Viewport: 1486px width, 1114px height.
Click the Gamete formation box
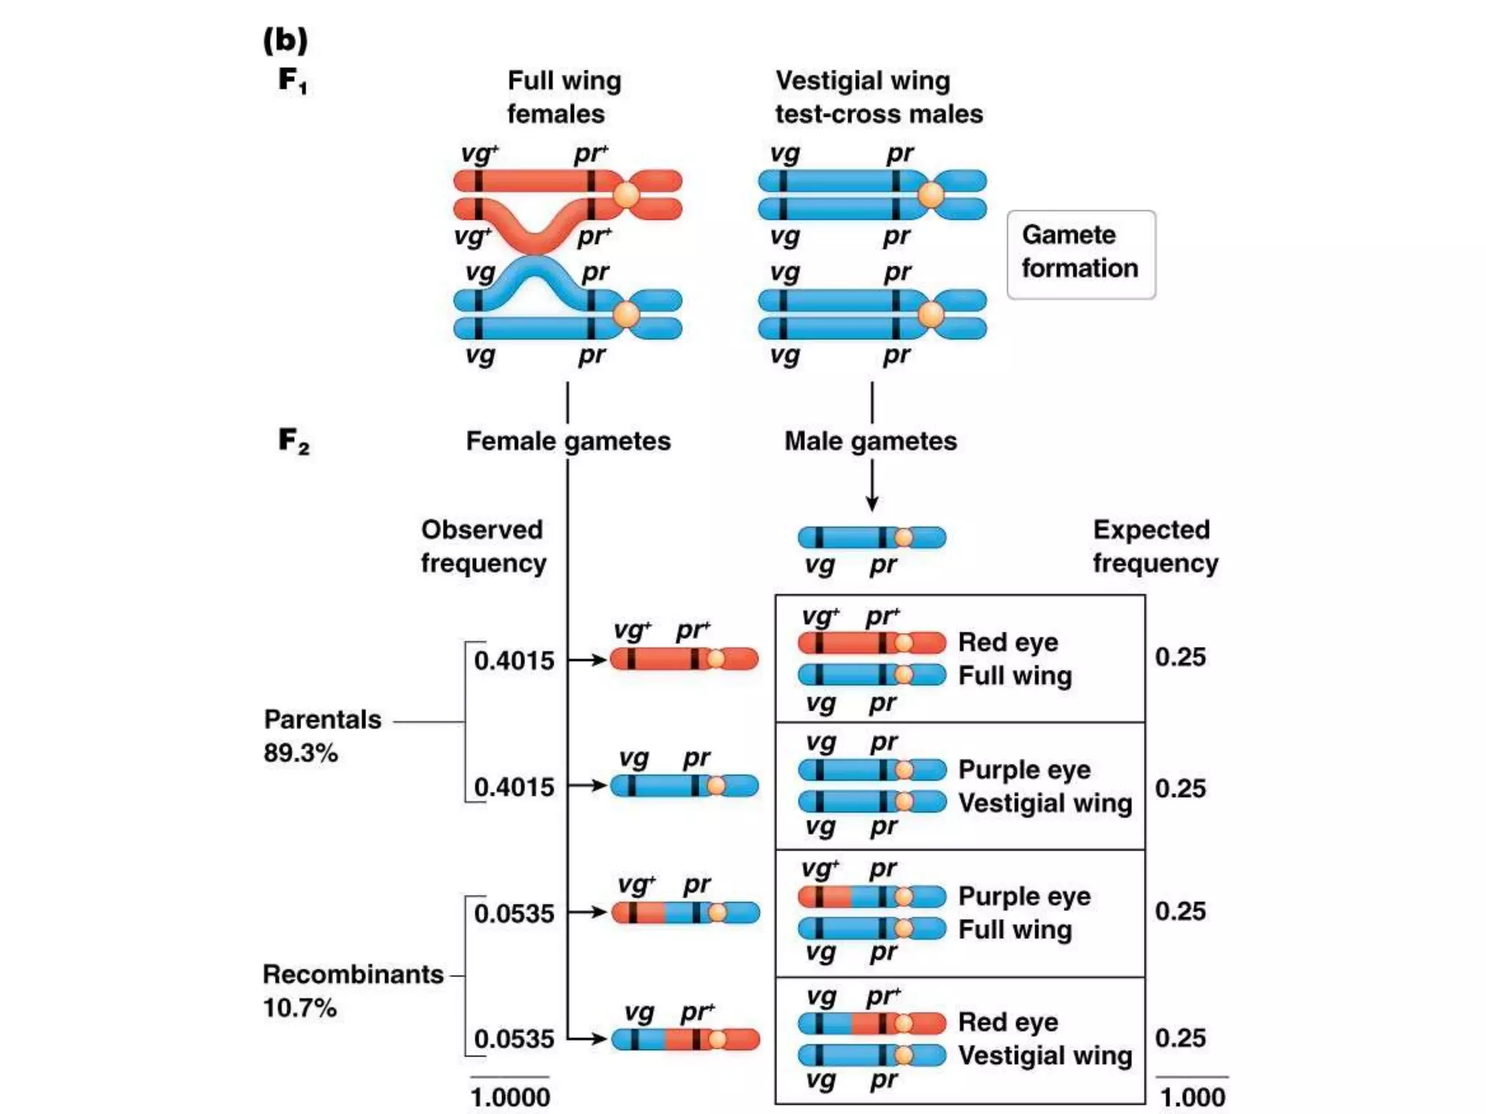[x=1080, y=254]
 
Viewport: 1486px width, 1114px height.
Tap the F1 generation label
[x=292, y=80]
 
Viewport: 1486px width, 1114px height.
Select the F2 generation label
[x=293, y=440]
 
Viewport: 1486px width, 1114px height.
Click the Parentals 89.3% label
[x=321, y=735]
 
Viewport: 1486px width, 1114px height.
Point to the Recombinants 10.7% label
[x=352, y=990]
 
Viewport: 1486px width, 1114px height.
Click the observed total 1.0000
[x=510, y=1097]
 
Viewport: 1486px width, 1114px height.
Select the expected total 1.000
[x=1192, y=1097]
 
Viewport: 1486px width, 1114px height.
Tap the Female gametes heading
[x=568, y=441]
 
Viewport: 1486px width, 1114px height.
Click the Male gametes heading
[x=870, y=441]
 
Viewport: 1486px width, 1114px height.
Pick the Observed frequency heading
[x=483, y=546]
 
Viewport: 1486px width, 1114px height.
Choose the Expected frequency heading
[x=1155, y=546]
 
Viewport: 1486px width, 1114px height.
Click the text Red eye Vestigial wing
[x=1044, y=1039]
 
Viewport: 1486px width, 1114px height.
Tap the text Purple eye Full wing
[x=1024, y=912]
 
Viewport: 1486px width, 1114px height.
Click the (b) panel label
[x=285, y=40]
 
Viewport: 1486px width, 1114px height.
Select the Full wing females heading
[x=564, y=97]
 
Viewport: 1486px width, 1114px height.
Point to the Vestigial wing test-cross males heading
[x=878, y=97]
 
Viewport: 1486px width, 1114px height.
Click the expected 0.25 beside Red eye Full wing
[x=1180, y=657]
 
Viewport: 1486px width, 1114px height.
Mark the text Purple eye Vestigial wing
[x=1044, y=786]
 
